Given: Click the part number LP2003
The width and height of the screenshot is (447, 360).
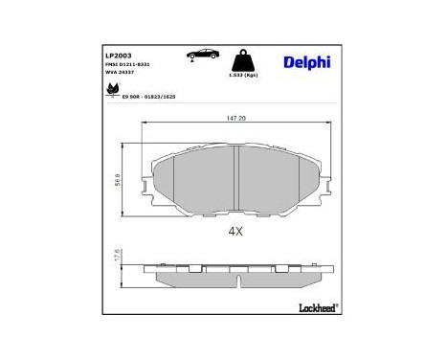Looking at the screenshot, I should pos(119,56).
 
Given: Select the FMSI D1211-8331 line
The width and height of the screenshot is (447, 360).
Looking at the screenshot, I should pos(127,64).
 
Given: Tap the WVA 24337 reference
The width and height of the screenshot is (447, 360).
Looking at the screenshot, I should pos(121,72).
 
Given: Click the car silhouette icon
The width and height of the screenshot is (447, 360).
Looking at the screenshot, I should pos(202,54).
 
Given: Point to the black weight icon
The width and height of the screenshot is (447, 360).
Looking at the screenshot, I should pos(245,58).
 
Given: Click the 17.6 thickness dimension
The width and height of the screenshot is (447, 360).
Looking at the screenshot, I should pos(130,258).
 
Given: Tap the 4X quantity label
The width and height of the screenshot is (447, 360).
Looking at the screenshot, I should pos(235,232).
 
